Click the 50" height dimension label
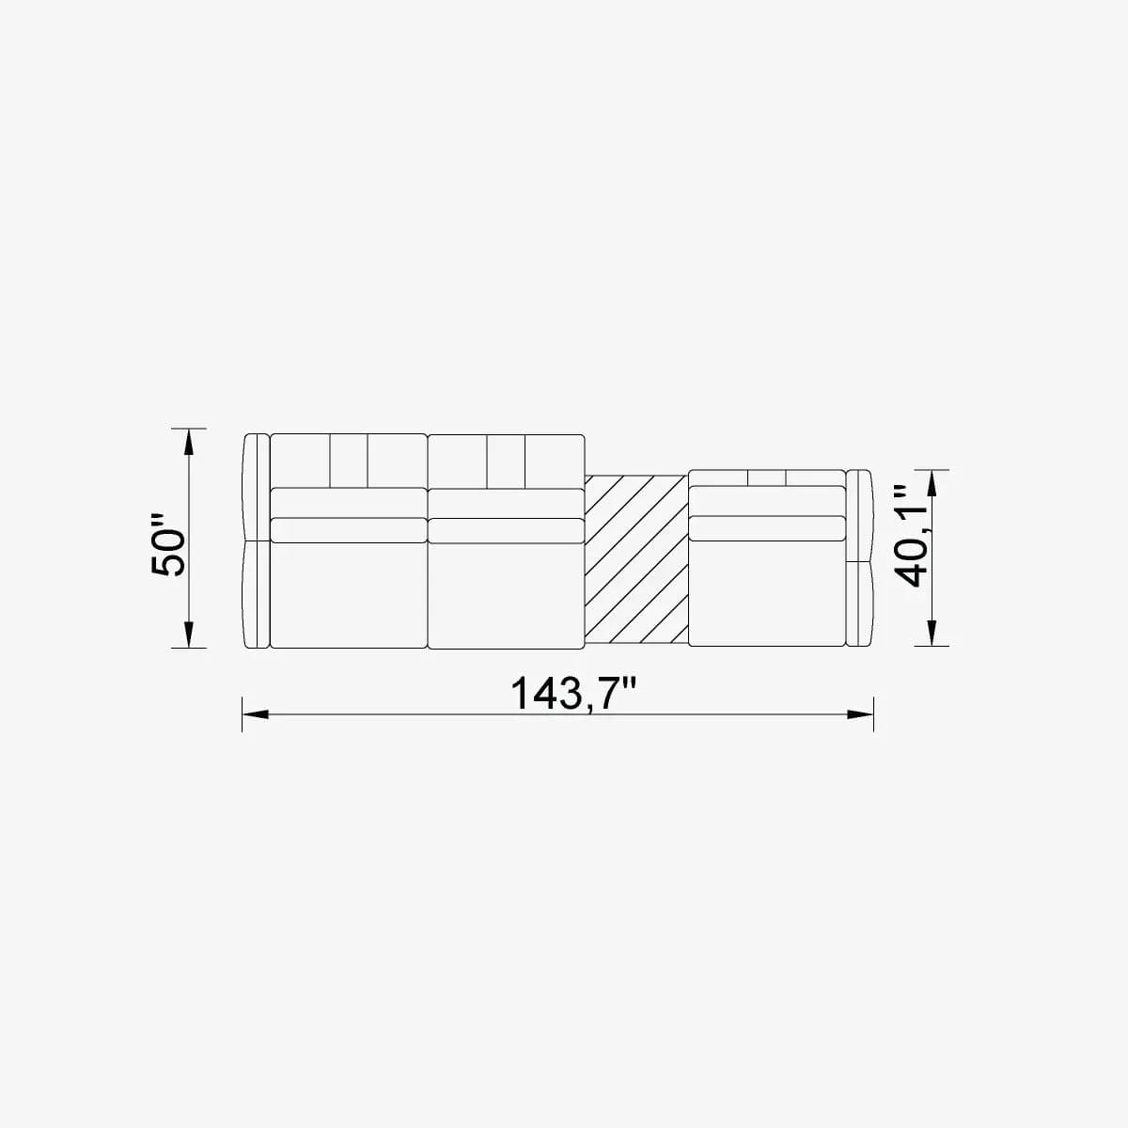click(170, 545)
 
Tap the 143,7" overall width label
click(573, 695)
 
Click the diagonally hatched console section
click(636, 560)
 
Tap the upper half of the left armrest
click(257, 486)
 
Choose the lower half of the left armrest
click(257, 594)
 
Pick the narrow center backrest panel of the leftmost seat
click(348, 461)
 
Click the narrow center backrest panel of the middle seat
click(506, 461)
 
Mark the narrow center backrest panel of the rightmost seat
click(767, 478)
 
